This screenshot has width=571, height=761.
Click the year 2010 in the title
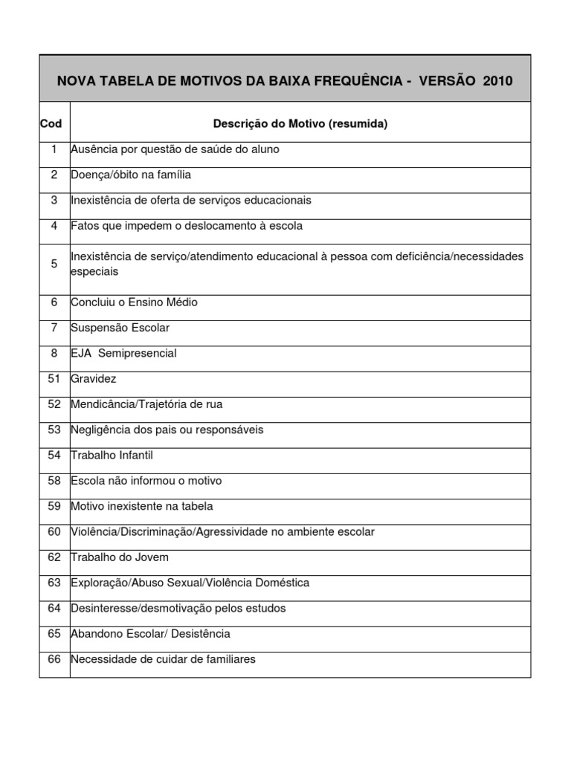tap(497, 81)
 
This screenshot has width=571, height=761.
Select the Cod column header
tap(51, 124)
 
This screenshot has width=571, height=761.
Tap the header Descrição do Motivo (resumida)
tap(300, 124)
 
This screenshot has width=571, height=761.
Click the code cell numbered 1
tap(54, 149)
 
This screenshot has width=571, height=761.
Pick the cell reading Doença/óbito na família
tap(131, 175)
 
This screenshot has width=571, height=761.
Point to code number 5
tap(54, 264)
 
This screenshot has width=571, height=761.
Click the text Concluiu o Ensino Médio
tap(134, 302)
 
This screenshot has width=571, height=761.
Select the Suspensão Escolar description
tap(120, 328)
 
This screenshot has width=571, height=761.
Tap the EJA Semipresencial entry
tap(123, 353)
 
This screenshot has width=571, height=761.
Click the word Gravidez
tap(94, 378)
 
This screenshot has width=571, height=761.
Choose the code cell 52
tap(54, 404)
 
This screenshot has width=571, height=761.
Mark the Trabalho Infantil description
tap(112, 455)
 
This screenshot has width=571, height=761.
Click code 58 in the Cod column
tap(54, 481)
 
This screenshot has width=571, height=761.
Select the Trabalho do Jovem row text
tap(120, 557)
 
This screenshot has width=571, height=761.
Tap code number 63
tap(54, 583)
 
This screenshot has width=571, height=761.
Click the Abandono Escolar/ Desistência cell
tap(150, 634)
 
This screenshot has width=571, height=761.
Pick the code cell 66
tap(54, 659)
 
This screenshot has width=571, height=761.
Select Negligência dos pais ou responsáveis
tap(167, 430)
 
